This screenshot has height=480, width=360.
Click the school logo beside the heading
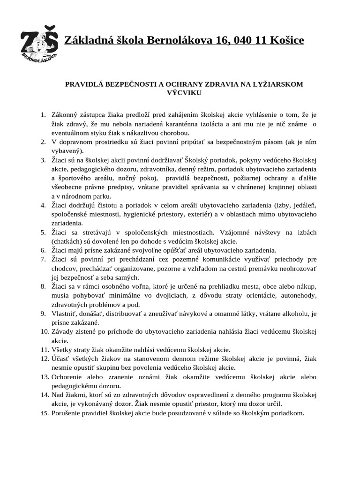40,45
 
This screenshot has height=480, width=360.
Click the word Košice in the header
285,41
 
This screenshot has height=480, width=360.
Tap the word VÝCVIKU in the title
184,93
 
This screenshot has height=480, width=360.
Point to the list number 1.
43,115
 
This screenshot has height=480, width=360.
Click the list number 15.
45,413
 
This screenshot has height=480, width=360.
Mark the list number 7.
43,259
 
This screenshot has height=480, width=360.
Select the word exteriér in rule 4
196,214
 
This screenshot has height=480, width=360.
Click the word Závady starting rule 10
64,331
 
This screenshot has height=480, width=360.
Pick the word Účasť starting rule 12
62,359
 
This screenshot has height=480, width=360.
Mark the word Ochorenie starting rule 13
68,377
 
